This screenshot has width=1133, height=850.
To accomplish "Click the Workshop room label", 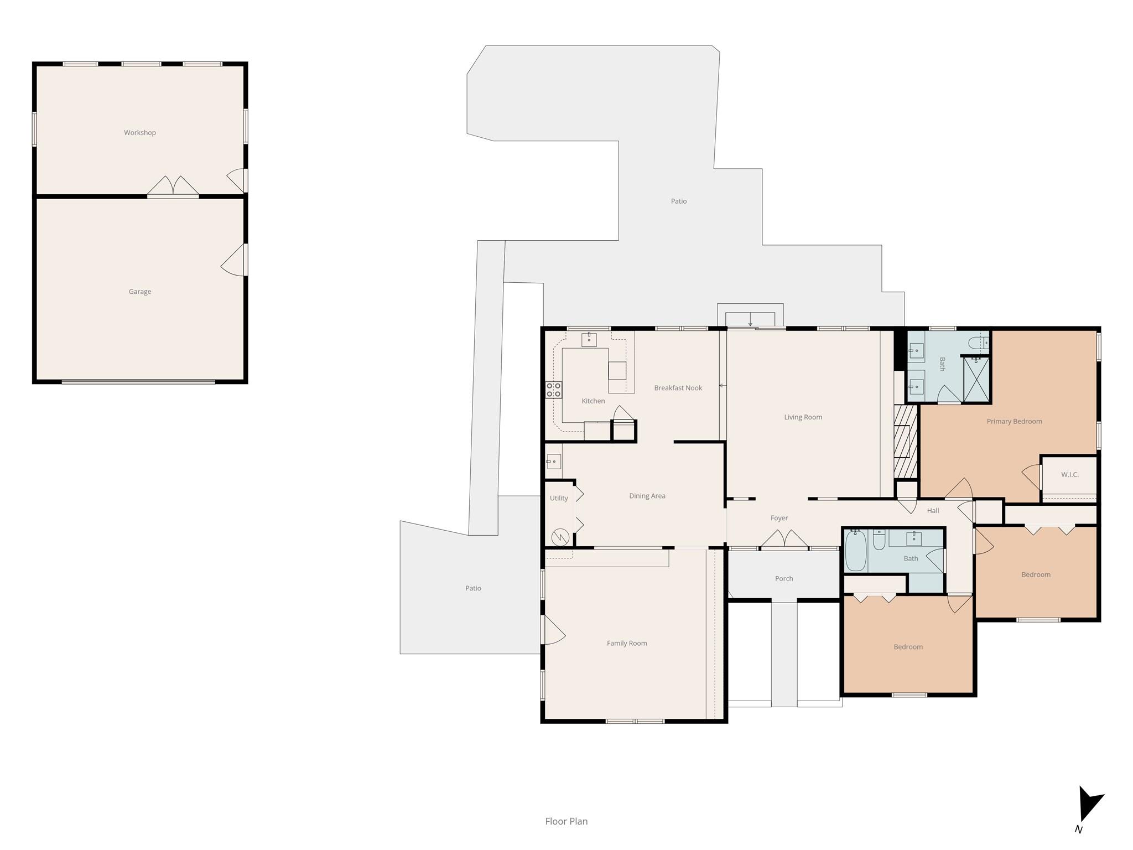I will pyautogui.click(x=139, y=133).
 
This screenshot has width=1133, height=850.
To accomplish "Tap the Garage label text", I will pyautogui.click(x=139, y=292).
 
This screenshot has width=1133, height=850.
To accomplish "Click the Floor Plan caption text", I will pyautogui.click(x=566, y=821).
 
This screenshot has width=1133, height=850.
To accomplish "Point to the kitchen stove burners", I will pyautogui.click(x=554, y=390).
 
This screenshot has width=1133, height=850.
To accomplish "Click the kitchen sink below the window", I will pyautogui.click(x=589, y=339).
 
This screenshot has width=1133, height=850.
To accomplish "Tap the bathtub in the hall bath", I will pyautogui.click(x=855, y=551).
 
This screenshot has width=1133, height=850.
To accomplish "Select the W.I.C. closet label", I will pyautogui.click(x=1069, y=475).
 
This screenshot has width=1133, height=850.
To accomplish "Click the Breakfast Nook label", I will pyautogui.click(x=678, y=388).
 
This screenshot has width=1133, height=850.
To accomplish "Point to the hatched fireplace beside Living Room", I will pyautogui.click(x=905, y=441).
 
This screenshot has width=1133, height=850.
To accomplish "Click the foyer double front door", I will pyautogui.click(x=784, y=540).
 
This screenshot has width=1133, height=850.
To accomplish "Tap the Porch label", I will pyautogui.click(x=783, y=579).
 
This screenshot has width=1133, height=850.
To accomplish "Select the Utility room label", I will pyautogui.click(x=558, y=498).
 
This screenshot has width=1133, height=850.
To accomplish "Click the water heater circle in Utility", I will pyautogui.click(x=560, y=537).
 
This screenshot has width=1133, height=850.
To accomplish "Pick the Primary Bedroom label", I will pyautogui.click(x=1014, y=422).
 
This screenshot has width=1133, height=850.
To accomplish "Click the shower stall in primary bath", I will pyautogui.click(x=976, y=380).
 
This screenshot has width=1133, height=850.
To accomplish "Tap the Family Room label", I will pyautogui.click(x=626, y=643).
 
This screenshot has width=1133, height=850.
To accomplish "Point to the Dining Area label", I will pyautogui.click(x=647, y=496).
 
